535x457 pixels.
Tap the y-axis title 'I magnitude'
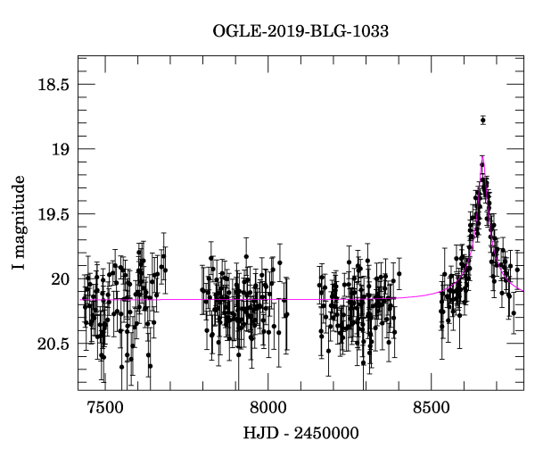click(x=19, y=222)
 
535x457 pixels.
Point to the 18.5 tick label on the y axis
click(x=52, y=85)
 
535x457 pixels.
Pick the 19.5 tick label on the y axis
click(x=52, y=214)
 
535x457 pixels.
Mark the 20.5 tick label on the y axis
click(x=52, y=345)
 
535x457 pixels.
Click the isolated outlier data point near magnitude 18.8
click(x=482, y=120)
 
